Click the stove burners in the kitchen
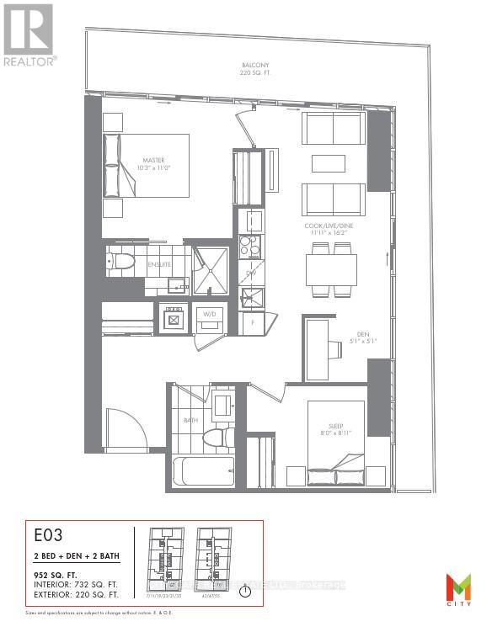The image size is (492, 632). pos(250,245)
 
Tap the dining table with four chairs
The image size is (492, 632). pos(330,270)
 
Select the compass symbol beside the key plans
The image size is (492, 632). pos(244,590)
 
